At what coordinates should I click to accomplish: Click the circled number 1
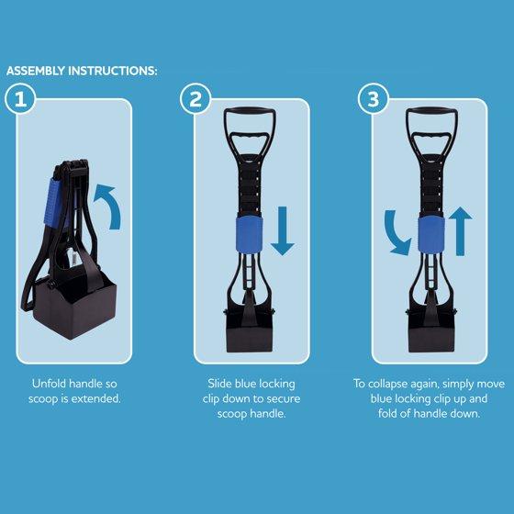coord(20,99)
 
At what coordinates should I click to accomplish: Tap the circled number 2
coord(196,99)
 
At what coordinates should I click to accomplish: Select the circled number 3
coord(373,99)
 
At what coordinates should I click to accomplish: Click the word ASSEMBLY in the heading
coord(36,71)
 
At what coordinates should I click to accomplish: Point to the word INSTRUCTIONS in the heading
coord(112,71)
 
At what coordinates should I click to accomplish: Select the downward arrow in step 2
coord(283,230)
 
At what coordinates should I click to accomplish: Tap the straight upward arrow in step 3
coord(460,230)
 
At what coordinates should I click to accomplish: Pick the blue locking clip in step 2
coord(249,235)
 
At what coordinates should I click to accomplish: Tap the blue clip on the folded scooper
coord(52,203)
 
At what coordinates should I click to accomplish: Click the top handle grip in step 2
coord(250,111)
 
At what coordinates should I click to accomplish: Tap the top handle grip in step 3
coord(431,111)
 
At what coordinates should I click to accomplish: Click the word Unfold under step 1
coord(48,384)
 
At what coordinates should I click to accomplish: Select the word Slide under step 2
coord(219,384)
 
